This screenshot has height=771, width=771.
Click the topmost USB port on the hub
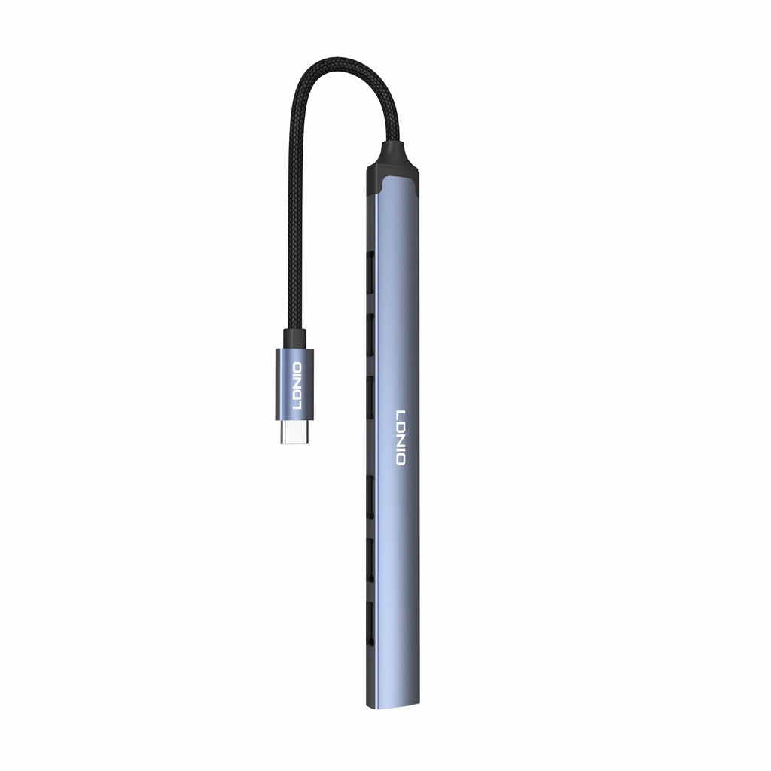point(370,265)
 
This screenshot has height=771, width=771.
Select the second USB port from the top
point(370,329)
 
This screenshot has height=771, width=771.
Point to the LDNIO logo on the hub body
point(401,437)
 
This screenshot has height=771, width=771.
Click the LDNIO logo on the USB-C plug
point(297,386)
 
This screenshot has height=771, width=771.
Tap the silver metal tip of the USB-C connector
point(294,431)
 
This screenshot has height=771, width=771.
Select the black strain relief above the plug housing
point(294,339)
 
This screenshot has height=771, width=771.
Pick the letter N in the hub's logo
point(401,439)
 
